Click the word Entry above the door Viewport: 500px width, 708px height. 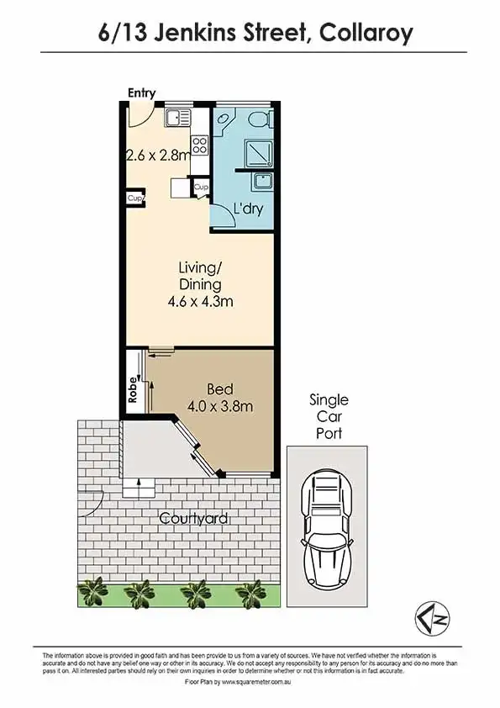pos(141,92)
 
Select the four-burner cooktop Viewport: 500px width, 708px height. pos(200,145)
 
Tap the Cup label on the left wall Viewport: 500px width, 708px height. pos(134,198)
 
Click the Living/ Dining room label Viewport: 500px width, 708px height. pos(200,276)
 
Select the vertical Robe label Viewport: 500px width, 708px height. pos(133,392)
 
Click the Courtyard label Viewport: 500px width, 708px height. pos(193,519)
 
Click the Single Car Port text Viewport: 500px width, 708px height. pos(329,416)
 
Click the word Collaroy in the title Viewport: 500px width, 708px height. pos(367,33)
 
